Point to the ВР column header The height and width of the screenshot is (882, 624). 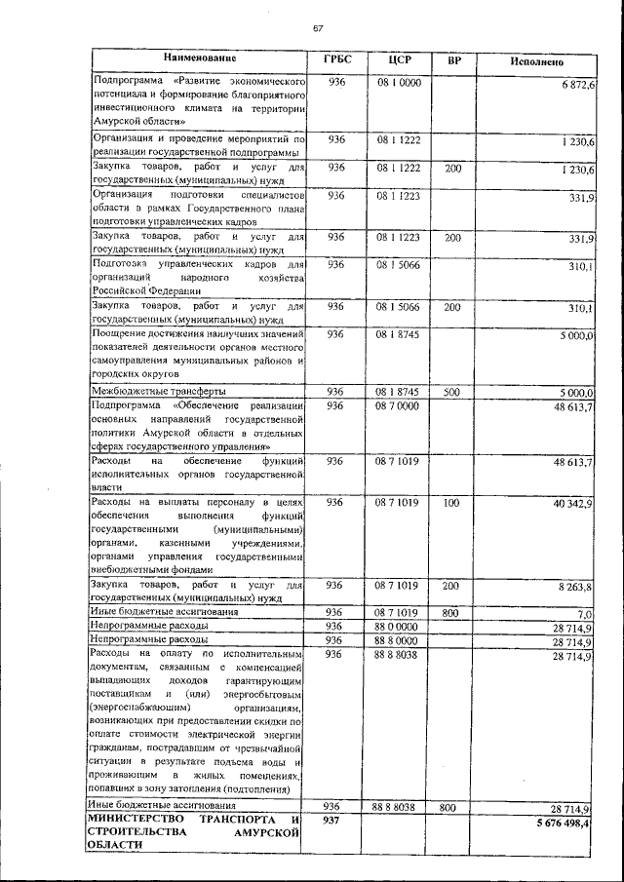pos(453,61)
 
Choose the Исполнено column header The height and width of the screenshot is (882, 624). pos(536,61)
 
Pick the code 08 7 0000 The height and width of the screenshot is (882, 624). pos(398,405)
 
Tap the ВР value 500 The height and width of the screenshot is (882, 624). pos(452,392)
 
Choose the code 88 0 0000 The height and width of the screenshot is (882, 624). pos(398,626)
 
